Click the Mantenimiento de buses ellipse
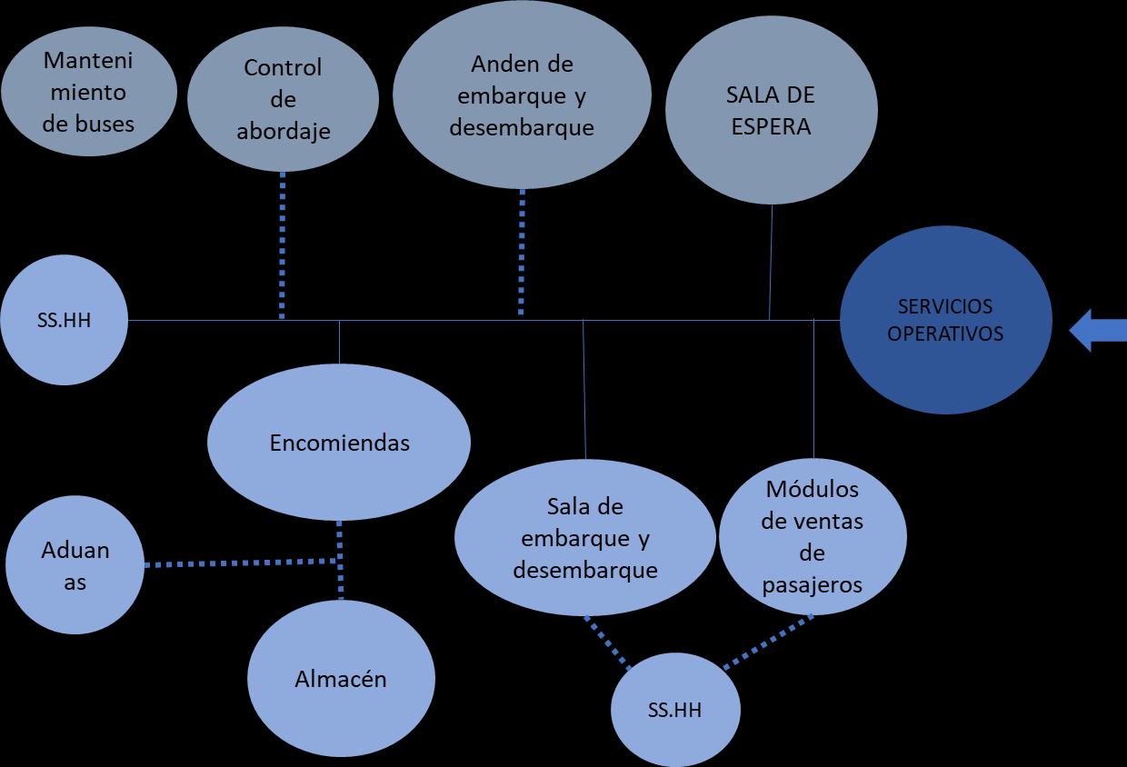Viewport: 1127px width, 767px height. [x=88, y=92]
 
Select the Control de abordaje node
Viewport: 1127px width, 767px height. [x=283, y=99]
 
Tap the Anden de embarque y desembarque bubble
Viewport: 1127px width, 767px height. [x=522, y=95]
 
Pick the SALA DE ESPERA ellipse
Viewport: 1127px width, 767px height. [x=771, y=110]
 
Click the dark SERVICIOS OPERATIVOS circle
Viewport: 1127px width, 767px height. [x=945, y=320]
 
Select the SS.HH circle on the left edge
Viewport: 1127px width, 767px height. [x=64, y=320]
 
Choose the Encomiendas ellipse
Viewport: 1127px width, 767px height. [x=339, y=443]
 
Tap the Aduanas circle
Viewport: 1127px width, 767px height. [x=75, y=565]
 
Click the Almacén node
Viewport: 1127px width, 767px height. [x=341, y=678]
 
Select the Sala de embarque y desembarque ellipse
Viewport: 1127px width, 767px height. [x=585, y=540]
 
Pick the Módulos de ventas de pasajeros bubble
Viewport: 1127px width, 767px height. [x=813, y=537]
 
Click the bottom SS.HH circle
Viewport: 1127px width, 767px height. [x=674, y=710]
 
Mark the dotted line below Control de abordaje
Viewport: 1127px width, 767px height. [x=282, y=245]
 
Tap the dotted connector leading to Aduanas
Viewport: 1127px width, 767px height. [x=241, y=563]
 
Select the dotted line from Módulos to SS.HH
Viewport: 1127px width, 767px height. [x=768, y=642]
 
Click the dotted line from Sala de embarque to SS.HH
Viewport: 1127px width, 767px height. [x=607, y=643]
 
